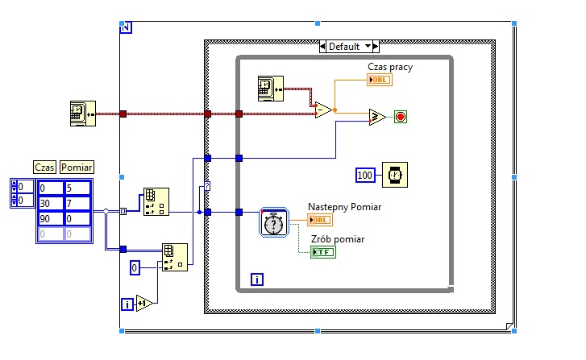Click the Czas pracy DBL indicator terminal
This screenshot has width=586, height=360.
[x=380, y=80]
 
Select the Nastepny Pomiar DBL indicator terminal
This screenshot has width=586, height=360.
[x=320, y=220]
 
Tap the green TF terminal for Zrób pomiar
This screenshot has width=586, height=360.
[x=323, y=252]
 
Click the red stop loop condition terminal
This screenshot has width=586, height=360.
[x=401, y=117]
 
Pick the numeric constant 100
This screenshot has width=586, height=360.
[x=365, y=175]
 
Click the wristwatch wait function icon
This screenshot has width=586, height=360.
[x=395, y=175]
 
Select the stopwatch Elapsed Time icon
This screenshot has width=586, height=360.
[x=274, y=222]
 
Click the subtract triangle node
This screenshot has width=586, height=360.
[x=323, y=110]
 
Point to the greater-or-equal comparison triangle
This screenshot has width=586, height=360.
[x=377, y=117]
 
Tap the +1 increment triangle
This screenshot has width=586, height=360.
[x=144, y=304]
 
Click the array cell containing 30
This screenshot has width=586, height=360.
[x=51, y=204]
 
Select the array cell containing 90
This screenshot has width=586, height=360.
[x=51, y=219]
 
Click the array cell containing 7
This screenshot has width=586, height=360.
[x=77, y=204]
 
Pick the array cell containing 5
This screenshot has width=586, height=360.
[x=77, y=188]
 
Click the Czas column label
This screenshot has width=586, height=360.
[x=44, y=167]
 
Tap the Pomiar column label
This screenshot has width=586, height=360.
[x=77, y=167]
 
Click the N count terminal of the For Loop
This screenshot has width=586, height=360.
[x=126, y=27]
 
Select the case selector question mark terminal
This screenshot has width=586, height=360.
[x=207, y=186]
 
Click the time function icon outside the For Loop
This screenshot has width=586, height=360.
[x=83, y=114]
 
